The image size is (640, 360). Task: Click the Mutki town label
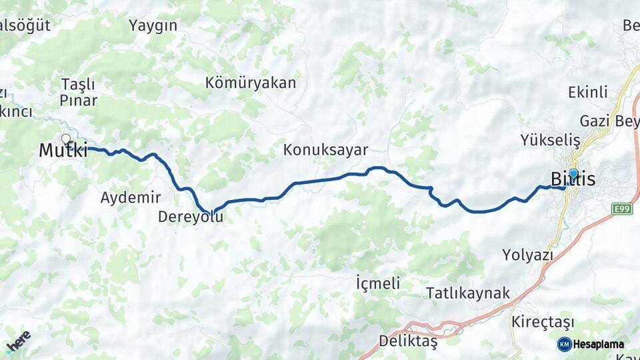pyautogui.click(x=63, y=151)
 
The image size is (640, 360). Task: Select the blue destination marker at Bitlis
pyautogui.click(x=573, y=173)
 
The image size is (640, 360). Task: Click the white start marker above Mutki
pyautogui.click(x=66, y=139)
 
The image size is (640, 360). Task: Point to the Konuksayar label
pyautogui.click(x=325, y=150)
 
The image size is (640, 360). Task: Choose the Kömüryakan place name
pyautogui.click(x=251, y=83)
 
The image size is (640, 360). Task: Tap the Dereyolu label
pyautogui.click(x=191, y=217)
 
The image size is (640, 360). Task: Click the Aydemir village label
pyautogui.click(x=131, y=197)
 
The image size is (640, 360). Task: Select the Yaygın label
pyautogui.click(x=153, y=26)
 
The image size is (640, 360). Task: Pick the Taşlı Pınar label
pyautogui.click(x=79, y=93)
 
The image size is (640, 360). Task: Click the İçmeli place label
pyautogui.click(x=378, y=283)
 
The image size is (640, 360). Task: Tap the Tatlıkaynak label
pyautogui.click(x=467, y=293)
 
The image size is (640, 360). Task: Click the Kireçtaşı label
pyautogui.click(x=542, y=321)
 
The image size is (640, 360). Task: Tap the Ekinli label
pyautogui.click(x=587, y=92)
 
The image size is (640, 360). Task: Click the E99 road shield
pyautogui.click(x=621, y=209)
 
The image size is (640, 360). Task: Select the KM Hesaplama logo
pyautogui.click(x=591, y=344)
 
